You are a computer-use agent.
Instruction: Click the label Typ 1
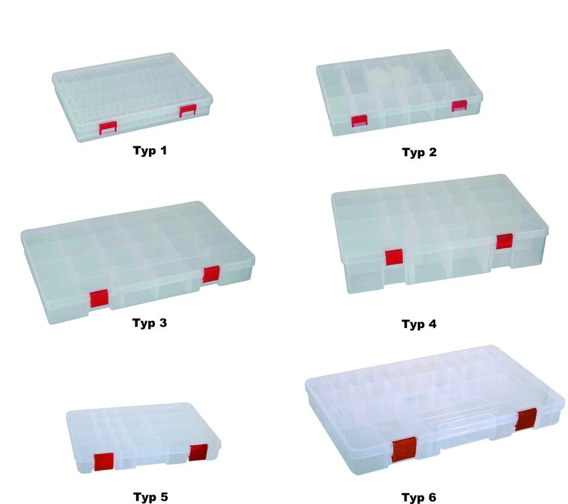coord(150,151)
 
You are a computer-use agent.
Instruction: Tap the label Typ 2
coord(419,152)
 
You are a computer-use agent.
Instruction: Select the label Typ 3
coord(150,323)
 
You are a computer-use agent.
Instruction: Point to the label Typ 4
coord(419,324)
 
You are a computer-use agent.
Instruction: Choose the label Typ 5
coord(150,497)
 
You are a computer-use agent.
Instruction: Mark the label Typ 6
coord(419,497)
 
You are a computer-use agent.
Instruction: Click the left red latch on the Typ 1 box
coord(108,129)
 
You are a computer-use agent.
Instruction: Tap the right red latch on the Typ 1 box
coord(188,111)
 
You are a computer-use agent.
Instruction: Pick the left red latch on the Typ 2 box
coord(359,121)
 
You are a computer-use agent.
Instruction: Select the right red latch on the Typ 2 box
coord(460,106)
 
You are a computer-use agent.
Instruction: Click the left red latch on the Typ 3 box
coord(99,299)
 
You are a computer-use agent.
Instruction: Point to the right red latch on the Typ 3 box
coord(211,274)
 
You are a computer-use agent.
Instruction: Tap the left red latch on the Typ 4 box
coord(394,257)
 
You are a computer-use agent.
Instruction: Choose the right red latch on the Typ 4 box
coord(504,241)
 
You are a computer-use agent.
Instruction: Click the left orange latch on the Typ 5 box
coord(104,462)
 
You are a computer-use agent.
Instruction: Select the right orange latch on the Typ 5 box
coord(198,453)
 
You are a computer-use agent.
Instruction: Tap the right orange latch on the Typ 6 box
coord(525,419)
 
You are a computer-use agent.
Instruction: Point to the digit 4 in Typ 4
coord(431,324)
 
